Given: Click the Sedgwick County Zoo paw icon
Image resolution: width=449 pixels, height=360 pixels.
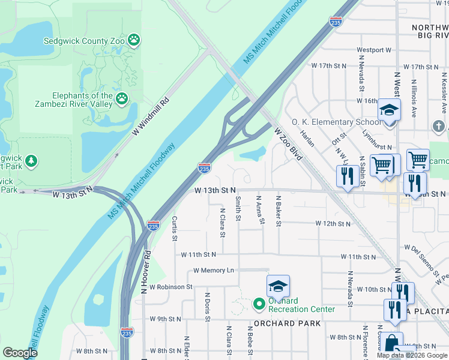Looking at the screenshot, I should tap(135, 41).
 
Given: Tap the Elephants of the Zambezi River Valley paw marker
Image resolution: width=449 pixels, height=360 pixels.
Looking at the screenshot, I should tap(122, 97).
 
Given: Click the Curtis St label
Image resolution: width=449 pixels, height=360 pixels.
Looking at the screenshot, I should tap(174, 229).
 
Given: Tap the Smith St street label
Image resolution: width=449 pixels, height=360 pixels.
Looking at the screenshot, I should tap(238, 208).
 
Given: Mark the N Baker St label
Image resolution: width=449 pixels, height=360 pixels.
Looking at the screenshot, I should tap(278, 211).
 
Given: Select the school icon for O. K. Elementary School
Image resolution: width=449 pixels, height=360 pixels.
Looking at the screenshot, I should tap(389, 111).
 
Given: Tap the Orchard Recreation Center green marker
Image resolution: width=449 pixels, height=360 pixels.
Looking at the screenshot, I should tap(259, 304).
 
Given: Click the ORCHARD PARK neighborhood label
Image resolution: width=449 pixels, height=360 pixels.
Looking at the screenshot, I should tap(287, 323).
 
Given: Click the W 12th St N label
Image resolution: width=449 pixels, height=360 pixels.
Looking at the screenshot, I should tap(333, 223).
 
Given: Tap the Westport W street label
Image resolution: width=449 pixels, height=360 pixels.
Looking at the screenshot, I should tap(373, 50).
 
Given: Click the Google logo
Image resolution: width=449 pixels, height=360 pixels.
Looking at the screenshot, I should tap(20, 353).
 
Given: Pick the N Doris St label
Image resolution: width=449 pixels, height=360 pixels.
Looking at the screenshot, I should tap(207, 307).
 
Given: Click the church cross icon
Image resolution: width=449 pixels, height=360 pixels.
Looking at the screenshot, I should tap(440, 127).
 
